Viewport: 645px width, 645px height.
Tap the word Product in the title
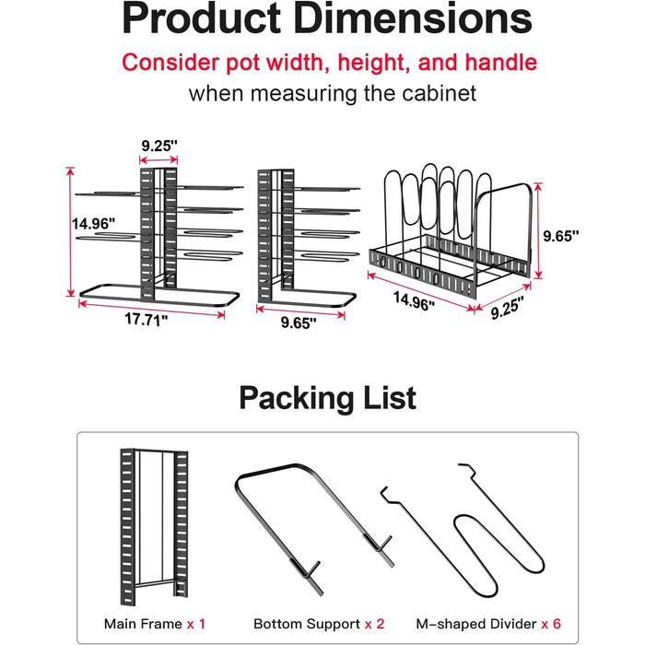point(202,19)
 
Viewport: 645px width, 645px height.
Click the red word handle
point(500,63)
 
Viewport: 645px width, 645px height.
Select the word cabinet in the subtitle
point(439,93)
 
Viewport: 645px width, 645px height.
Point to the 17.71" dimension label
point(146,319)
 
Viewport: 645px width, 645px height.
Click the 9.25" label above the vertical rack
point(159,146)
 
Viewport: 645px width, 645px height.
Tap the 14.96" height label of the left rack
point(93,224)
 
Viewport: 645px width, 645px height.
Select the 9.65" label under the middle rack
point(299,322)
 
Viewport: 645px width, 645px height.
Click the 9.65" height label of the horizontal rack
point(560,236)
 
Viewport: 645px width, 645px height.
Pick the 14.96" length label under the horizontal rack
point(414,301)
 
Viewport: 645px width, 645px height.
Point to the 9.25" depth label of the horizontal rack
point(507,308)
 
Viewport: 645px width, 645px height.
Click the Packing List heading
point(327,398)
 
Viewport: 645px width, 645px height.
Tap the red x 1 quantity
point(195,624)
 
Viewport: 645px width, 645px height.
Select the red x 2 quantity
point(375,624)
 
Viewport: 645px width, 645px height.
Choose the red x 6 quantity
point(551,624)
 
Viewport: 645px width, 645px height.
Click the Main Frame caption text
point(143,624)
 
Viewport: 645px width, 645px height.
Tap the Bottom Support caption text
point(307,624)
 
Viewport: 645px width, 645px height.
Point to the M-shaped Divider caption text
point(476,624)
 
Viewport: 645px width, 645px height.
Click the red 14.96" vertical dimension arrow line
point(71,231)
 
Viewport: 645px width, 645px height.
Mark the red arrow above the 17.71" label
point(151,310)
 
